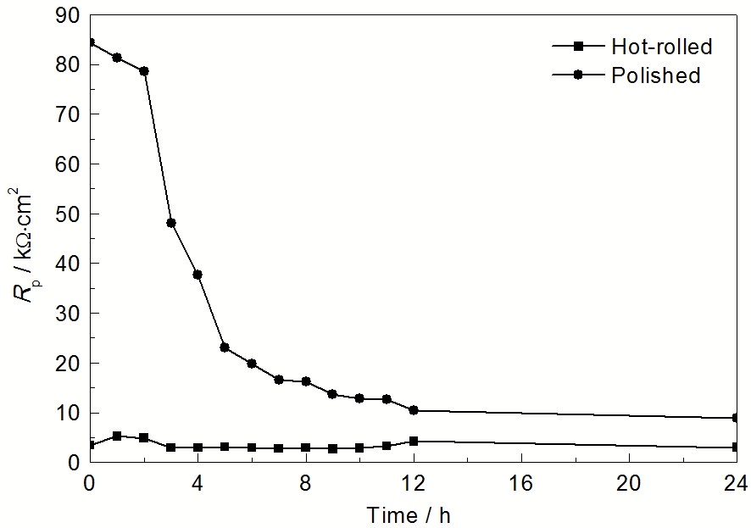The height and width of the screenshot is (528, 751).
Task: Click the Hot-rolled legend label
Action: pos(661,47)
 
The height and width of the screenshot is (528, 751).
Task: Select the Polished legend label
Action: pos(655,75)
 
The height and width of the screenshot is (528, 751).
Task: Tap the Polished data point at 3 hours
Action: pos(171,223)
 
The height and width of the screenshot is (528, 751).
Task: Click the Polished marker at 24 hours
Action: pos(736,418)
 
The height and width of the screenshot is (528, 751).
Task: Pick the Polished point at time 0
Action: pos(90,42)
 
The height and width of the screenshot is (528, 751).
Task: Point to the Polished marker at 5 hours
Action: pos(225,347)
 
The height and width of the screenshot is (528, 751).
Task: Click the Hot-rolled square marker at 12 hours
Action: pos(414,442)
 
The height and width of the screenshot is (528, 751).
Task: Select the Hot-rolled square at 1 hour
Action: pos(117,436)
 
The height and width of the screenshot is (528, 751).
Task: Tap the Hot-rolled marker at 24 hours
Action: pos(736,447)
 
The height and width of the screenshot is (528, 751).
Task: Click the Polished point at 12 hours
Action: pos(414,410)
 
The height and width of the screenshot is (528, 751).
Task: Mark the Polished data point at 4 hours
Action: pos(198,275)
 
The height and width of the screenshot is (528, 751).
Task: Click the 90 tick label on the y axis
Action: pos(69,15)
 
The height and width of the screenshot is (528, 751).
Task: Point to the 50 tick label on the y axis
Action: pos(69,214)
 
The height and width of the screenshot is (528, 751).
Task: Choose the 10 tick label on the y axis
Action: pos(69,413)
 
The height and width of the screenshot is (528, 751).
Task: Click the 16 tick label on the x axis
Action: pos(520,484)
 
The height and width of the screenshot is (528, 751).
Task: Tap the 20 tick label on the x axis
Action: pos(628,484)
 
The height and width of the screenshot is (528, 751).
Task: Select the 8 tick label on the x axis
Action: pos(305,484)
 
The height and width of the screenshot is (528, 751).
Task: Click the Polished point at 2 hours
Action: pos(144,71)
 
